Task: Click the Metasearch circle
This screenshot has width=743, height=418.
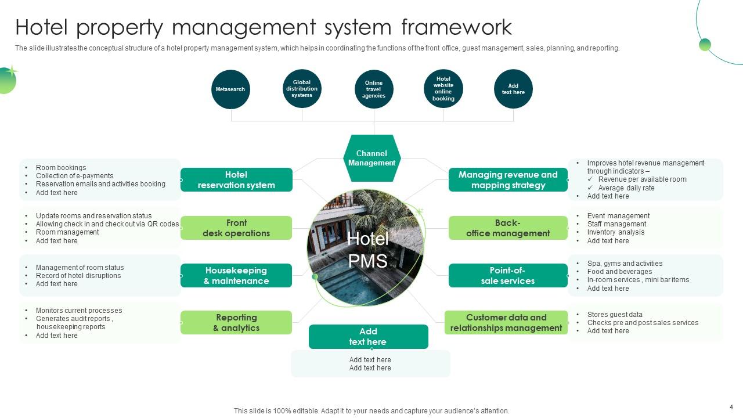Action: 230,89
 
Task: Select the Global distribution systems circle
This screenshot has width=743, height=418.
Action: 302,89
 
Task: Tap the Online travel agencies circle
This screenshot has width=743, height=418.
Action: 374,89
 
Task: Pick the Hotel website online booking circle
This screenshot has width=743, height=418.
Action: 443,89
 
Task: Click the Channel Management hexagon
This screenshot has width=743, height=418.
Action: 371,158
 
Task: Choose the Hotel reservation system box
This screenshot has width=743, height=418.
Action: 236,180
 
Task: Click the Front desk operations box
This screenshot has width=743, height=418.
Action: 236,228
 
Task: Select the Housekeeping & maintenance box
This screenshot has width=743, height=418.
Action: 236,276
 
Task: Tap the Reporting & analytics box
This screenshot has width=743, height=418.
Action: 236,323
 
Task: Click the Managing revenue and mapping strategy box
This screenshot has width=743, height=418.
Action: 508,180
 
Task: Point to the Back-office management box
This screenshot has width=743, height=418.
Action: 508,228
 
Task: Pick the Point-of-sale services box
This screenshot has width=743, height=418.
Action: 508,276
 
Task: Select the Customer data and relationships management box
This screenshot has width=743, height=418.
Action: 506,323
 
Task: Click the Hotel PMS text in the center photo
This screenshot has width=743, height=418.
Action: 368,250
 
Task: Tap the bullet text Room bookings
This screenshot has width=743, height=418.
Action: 61,168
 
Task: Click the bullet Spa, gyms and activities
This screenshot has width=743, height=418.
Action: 625,264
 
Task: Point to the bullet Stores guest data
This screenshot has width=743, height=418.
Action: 615,315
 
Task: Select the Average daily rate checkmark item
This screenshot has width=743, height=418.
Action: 626,188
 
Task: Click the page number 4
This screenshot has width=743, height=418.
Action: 731,407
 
